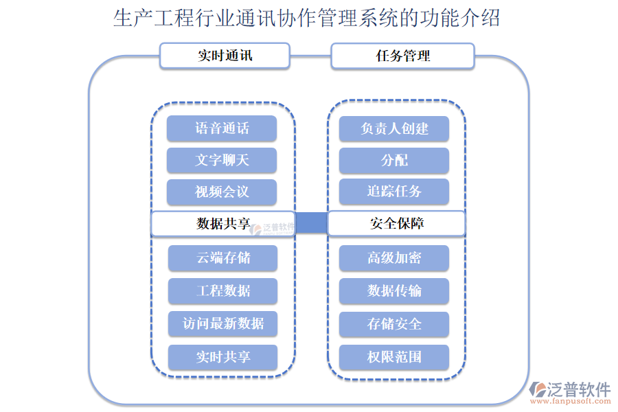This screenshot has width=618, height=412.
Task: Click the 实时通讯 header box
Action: (225, 56)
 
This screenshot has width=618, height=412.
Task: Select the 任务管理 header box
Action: (402, 56)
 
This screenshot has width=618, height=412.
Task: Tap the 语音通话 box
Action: (222, 128)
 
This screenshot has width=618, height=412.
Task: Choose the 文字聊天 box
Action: (222, 160)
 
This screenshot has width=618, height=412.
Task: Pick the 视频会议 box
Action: (222, 192)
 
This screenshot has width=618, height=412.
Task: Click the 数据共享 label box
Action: (222, 224)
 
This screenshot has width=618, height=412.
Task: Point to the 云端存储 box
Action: (223, 258)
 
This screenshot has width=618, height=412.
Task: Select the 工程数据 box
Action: (223, 290)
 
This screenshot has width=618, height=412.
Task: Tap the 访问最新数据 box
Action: (223, 323)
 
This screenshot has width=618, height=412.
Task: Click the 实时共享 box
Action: (223, 357)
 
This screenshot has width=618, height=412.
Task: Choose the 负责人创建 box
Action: (394, 128)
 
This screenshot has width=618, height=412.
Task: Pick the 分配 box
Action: (394, 160)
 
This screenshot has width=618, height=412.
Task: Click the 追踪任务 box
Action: (394, 192)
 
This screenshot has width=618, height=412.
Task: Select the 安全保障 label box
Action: (396, 224)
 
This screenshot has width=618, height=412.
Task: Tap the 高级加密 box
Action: (394, 258)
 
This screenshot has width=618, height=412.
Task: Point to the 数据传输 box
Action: (394, 290)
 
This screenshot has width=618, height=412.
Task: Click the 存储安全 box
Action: (394, 323)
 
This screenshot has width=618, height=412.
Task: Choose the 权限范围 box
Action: (394, 357)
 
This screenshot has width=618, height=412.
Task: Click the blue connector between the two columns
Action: (311, 223)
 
